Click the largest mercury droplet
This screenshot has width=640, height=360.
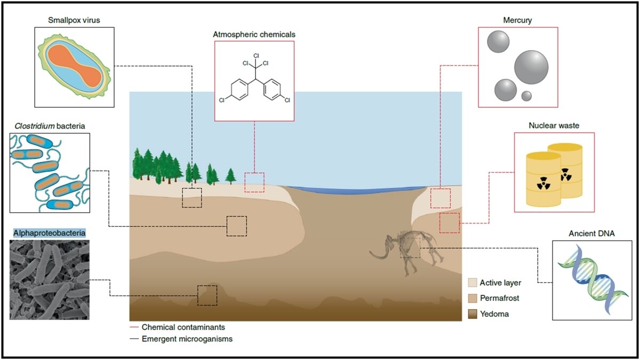[531, 68]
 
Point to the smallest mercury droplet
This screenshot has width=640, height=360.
[526, 96]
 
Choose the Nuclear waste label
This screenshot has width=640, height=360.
[554, 126]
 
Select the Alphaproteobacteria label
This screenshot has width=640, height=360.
[49, 233]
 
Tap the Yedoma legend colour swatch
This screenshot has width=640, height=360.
[472, 314]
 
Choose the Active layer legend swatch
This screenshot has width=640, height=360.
[472, 283]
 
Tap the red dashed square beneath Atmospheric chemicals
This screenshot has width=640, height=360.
[254, 182]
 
